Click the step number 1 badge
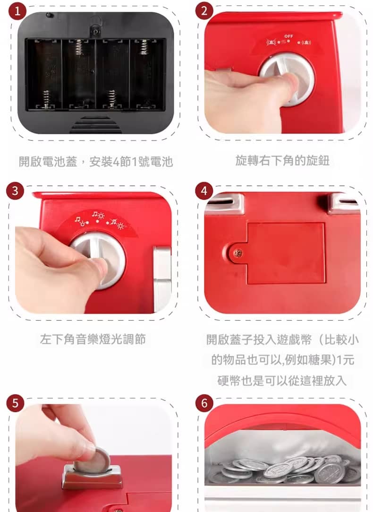coord(17,11)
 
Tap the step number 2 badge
coord(204,11)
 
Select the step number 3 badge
coord(15,191)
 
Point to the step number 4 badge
coord(204,191)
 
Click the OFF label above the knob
coord(288,36)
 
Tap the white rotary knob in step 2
coord(287,79)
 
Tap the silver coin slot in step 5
coord(93,477)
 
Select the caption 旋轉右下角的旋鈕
coord(282,161)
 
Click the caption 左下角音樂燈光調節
coord(93,339)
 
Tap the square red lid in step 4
coord(286,253)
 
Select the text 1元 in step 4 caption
coord(345,360)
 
